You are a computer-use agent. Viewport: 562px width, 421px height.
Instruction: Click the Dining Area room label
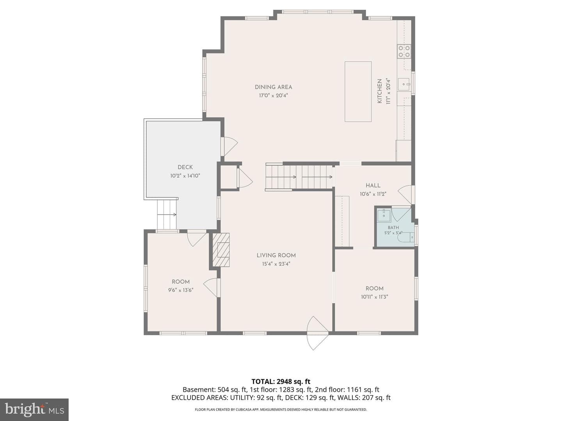273,87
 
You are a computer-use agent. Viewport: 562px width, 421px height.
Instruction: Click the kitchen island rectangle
358,92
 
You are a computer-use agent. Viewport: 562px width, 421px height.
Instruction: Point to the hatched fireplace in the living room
221,250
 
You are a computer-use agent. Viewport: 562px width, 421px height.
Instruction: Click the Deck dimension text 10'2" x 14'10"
185,176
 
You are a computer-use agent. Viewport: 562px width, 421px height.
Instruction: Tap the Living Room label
276,255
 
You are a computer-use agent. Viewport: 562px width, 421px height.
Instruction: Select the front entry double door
317,333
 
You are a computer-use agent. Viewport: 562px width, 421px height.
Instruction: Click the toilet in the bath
406,237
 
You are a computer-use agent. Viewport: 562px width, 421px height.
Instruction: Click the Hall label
373,186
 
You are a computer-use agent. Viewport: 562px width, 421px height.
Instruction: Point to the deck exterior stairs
167,215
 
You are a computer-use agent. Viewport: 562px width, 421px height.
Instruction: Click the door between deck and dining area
229,146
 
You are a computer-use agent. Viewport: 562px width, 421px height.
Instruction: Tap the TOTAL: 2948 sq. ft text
281,382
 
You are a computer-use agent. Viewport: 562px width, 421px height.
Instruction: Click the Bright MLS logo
34,409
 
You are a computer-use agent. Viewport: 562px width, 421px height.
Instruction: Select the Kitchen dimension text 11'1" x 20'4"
388,91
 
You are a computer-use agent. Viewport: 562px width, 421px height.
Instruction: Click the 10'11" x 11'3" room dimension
374,297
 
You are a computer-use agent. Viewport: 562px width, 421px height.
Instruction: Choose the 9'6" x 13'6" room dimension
181,290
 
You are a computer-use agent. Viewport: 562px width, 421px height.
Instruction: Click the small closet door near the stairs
245,178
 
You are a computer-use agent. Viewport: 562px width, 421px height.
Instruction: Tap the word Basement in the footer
199,390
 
